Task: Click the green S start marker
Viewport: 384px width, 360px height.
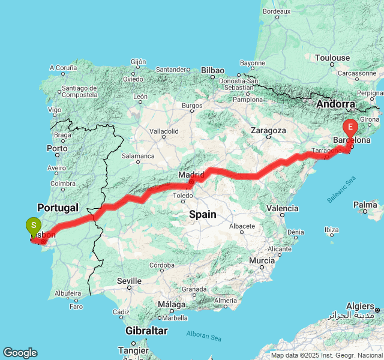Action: (x=34, y=227)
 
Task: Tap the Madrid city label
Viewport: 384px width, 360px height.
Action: (x=191, y=175)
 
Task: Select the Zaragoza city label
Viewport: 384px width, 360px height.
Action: (x=268, y=130)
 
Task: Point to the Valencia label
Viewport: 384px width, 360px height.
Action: (x=282, y=208)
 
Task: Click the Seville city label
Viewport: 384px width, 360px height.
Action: (x=129, y=280)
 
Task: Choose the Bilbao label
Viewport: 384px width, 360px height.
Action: (x=212, y=70)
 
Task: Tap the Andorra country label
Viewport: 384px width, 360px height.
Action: (x=337, y=104)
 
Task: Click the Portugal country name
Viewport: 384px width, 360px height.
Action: (x=57, y=208)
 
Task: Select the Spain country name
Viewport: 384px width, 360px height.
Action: (x=202, y=214)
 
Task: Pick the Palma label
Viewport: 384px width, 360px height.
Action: (x=365, y=205)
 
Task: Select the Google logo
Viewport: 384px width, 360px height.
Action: (x=20, y=353)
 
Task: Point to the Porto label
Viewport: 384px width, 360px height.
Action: (x=57, y=148)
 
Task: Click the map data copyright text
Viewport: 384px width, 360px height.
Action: (x=326, y=355)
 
